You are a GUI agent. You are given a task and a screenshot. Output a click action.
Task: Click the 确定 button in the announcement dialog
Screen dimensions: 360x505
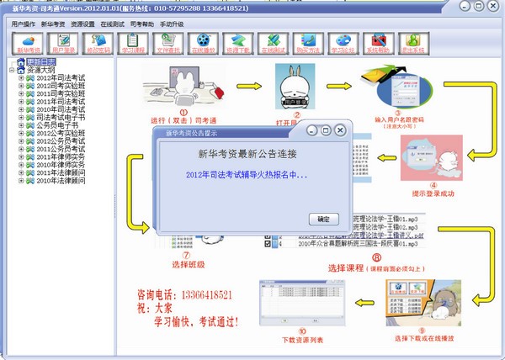[x=322, y=219]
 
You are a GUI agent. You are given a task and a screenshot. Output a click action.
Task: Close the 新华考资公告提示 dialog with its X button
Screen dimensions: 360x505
[x=340, y=130]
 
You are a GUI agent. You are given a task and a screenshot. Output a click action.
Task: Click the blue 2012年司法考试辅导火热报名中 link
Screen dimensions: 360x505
[x=246, y=176]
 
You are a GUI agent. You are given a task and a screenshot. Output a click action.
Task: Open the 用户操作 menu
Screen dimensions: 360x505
[x=24, y=24]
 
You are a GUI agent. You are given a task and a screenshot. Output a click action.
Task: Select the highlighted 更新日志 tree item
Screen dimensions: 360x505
[x=41, y=61]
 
